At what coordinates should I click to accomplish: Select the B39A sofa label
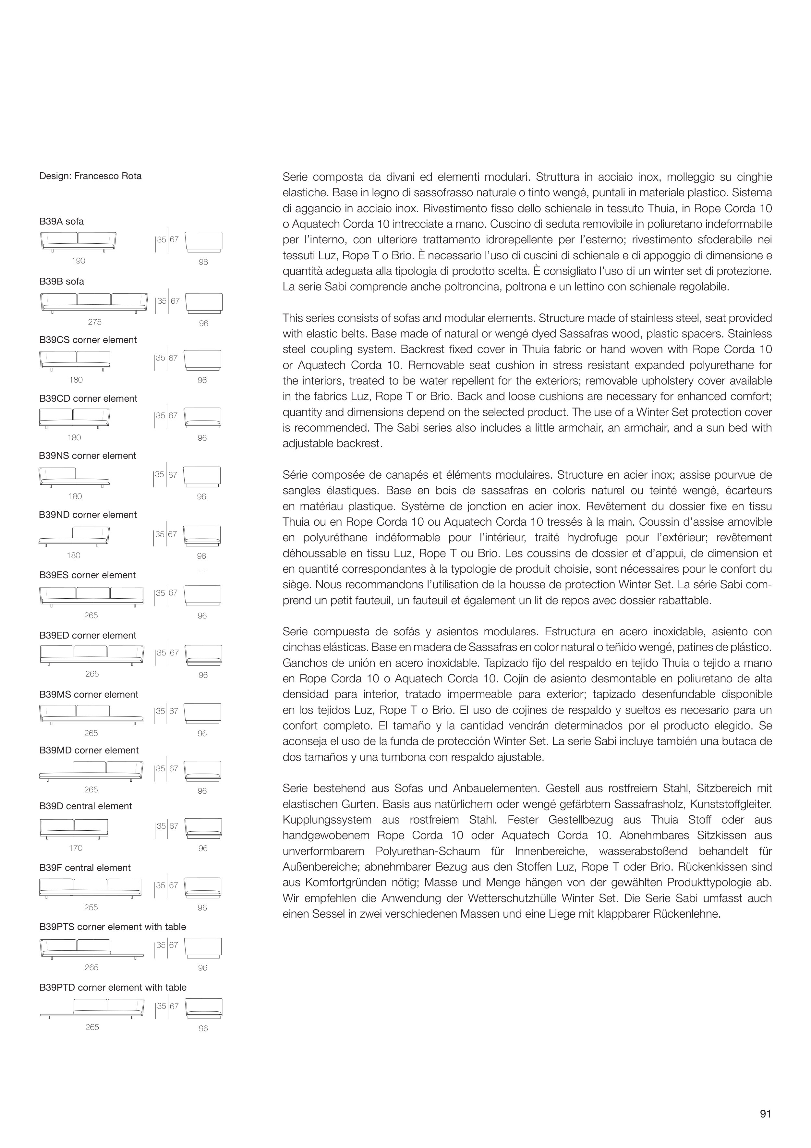(62, 222)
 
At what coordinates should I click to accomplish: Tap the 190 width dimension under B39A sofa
(79, 261)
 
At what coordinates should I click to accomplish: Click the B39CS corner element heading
(88, 340)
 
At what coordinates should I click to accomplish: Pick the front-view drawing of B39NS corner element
(74, 477)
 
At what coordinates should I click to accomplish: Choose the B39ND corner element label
(88, 515)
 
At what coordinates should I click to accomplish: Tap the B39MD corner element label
(89, 751)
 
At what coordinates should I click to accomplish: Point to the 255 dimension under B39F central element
(91, 908)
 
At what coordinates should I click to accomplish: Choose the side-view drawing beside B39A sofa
(203, 242)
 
